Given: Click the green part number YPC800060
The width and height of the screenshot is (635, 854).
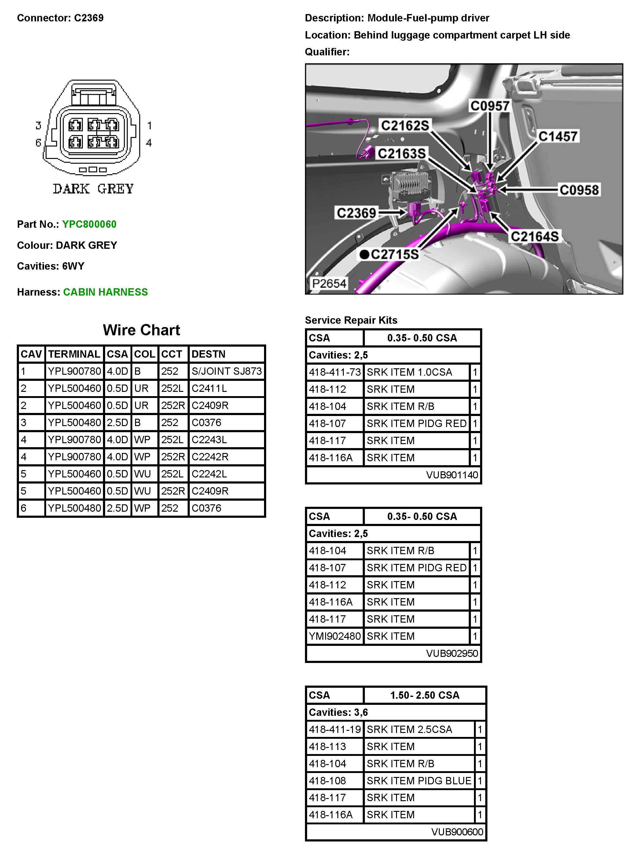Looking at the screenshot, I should (x=89, y=224).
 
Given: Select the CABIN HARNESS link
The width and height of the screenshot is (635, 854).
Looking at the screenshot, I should (x=105, y=292).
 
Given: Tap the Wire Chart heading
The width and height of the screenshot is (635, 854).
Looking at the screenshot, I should (x=141, y=330).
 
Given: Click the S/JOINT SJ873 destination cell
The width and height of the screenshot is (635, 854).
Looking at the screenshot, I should (x=226, y=371).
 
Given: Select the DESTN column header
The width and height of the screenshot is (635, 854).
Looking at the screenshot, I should (x=208, y=354).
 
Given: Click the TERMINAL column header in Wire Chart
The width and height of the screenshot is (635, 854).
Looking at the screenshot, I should (x=74, y=354).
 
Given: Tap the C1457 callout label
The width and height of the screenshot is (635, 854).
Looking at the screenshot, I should (x=557, y=136).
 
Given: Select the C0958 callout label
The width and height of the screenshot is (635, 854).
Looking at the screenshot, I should (x=579, y=190).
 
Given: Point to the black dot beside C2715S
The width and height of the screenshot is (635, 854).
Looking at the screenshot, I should (x=364, y=254).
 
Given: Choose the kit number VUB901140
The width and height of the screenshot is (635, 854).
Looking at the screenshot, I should (x=452, y=475).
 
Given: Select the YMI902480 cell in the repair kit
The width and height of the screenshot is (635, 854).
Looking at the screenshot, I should (x=334, y=636).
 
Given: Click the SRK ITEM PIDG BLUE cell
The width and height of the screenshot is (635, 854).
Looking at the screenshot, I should (x=419, y=781).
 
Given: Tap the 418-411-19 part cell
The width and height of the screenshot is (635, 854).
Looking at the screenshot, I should (x=334, y=729).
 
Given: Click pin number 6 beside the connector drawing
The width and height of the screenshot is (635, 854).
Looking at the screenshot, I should (x=38, y=143).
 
